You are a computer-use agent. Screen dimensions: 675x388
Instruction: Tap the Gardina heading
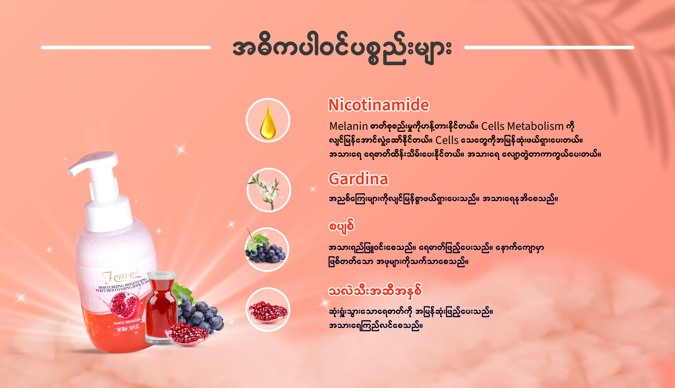[358, 179]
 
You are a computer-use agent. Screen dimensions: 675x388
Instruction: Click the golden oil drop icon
[268, 120]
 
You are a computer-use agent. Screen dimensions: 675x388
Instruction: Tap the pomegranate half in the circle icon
[268, 312]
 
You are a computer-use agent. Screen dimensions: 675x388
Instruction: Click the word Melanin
[348, 126]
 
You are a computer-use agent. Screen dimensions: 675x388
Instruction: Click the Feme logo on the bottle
[121, 276]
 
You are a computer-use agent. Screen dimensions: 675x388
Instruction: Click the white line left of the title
[126, 47]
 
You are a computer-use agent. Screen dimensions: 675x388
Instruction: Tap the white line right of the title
[549, 47]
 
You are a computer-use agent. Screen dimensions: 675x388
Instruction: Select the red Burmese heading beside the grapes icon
[341, 227]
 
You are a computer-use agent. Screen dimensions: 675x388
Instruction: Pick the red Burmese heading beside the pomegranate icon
[375, 291]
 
